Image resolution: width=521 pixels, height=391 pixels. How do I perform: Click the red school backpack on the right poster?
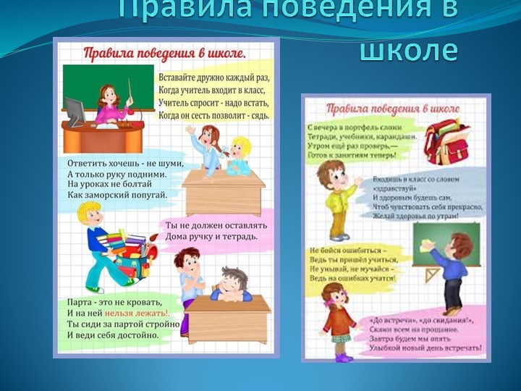(x=446, y=142)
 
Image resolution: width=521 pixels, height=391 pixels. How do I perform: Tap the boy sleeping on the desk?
(x=232, y=285)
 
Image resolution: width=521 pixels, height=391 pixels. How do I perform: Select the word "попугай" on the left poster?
(x=143, y=195)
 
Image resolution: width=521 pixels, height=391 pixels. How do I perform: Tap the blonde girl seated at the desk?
(x=239, y=156)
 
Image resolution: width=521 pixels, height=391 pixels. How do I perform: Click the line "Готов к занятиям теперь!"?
(x=348, y=155)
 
